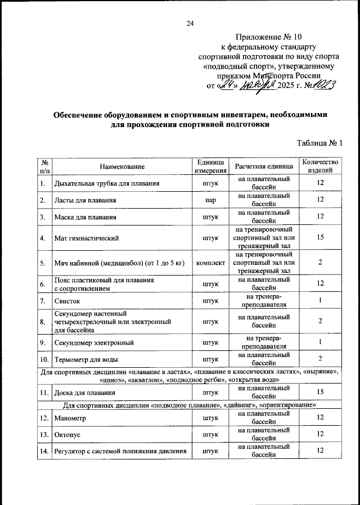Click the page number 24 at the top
(190, 23)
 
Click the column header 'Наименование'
(122, 166)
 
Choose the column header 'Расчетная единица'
(264, 166)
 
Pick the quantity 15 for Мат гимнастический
(320, 238)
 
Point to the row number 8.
(43, 322)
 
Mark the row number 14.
(43, 451)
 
